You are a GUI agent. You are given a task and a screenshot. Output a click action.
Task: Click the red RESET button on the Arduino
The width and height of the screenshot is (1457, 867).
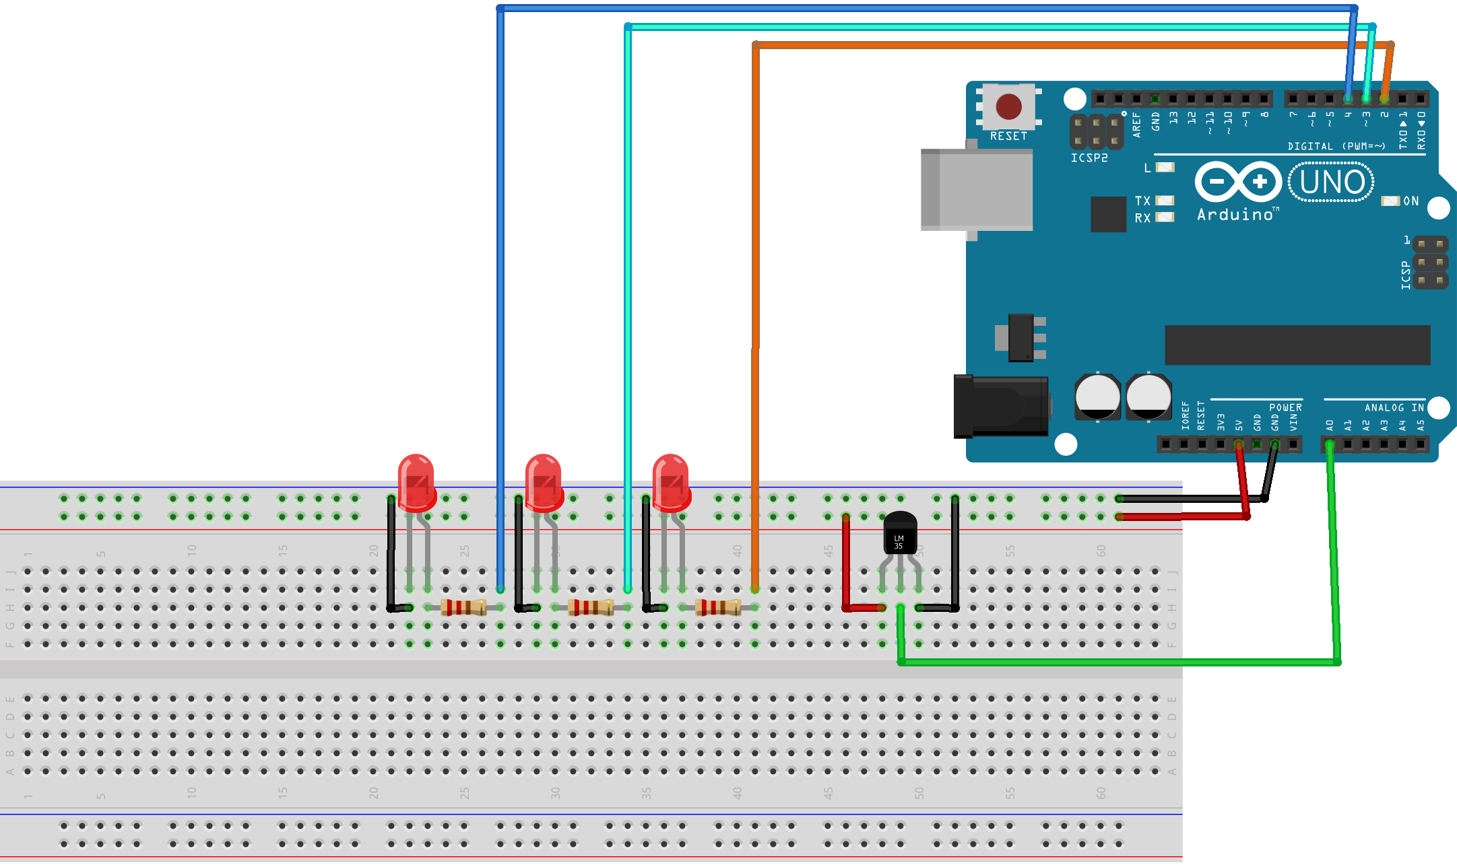pyautogui.click(x=1008, y=106)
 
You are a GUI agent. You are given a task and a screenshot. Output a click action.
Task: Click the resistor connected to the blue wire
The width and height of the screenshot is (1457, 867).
pyautogui.click(x=463, y=607)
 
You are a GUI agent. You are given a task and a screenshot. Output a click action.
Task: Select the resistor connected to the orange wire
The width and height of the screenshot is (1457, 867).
pyautogui.click(x=718, y=607)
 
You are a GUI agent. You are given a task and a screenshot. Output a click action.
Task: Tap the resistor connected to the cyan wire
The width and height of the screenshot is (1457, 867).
pyautogui.click(x=591, y=607)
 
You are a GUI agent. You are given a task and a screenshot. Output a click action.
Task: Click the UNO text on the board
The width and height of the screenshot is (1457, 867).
pyautogui.click(x=1332, y=182)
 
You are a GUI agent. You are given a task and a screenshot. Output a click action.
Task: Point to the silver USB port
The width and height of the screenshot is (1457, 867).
pyautogui.click(x=977, y=190)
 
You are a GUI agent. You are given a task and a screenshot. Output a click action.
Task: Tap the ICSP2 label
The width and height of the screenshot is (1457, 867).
pyautogui.click(x=1089, y=158)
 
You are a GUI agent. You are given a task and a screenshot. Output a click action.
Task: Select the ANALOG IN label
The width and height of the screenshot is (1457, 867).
pyautogui.click(x=1394, y=407)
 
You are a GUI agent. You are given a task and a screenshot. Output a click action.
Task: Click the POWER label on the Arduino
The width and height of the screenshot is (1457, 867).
pyautogui.click(x=1285, y=407)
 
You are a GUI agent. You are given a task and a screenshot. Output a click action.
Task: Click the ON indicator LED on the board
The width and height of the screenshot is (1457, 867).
pyautogui.click(x=1390, y=201)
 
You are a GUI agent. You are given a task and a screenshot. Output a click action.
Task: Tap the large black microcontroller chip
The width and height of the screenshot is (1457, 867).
pyautogui.click(x=1297, y=345)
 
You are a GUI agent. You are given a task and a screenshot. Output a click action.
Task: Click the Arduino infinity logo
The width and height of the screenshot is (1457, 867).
pyautogui.click(x=1238, y=182)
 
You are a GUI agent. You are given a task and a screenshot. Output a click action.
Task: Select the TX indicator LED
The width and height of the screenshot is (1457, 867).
pyautogui.click(x=1165, y=201)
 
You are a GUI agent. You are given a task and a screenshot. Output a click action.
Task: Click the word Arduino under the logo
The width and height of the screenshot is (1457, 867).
pyautogui.click(x=1235, y=215)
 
